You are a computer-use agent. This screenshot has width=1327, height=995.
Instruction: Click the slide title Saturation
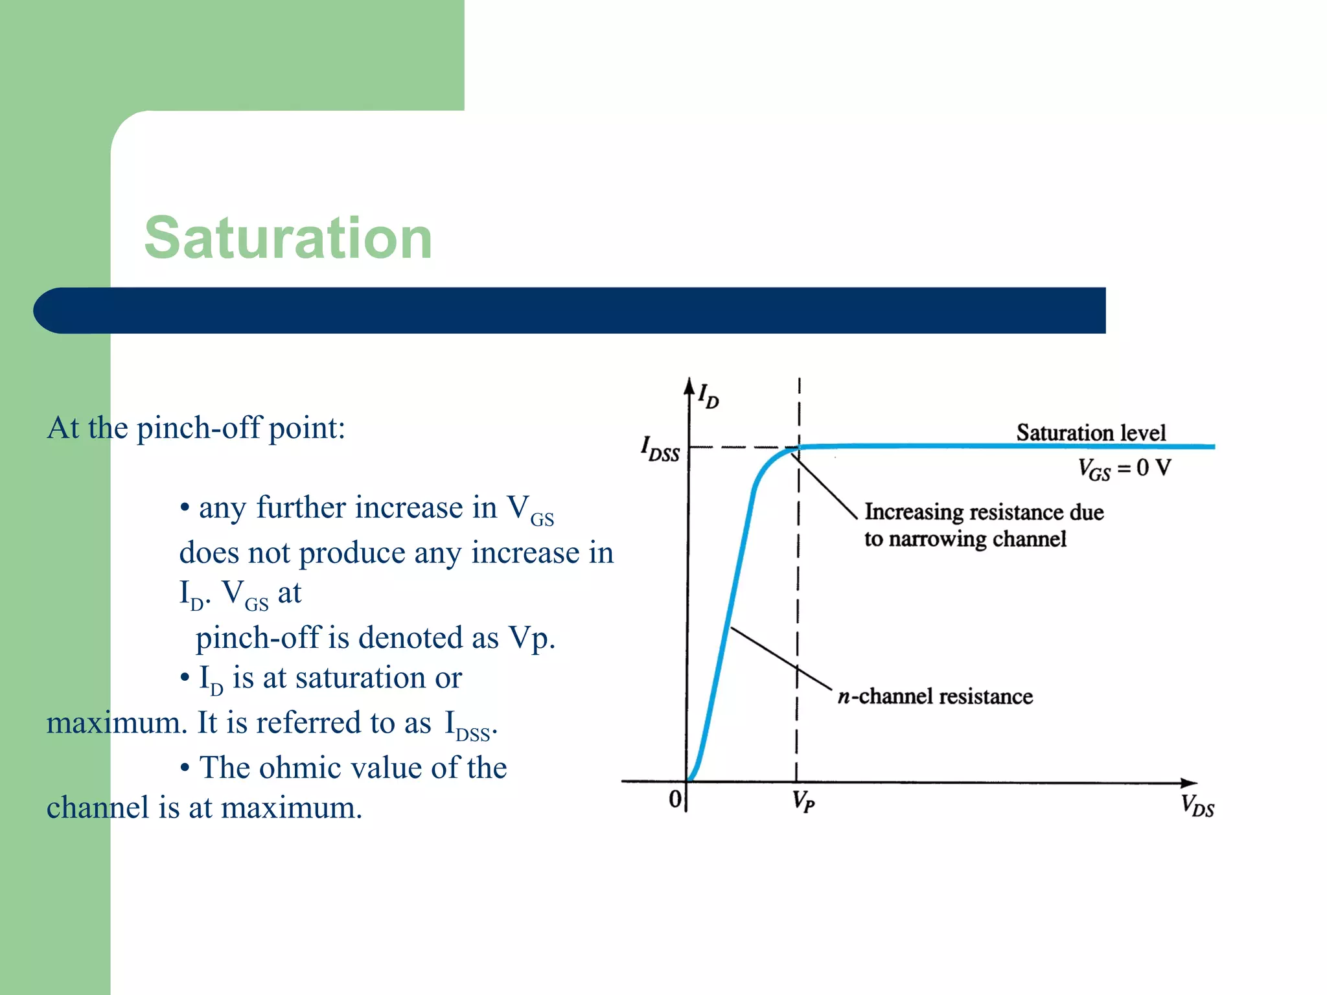288,238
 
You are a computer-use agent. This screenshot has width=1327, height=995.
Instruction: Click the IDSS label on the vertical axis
660,449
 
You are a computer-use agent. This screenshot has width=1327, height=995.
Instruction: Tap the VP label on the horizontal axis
803,802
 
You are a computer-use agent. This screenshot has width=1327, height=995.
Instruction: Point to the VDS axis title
1197,806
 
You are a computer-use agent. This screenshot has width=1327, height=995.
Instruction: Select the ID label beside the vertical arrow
708,395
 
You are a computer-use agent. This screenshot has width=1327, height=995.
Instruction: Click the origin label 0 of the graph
675,799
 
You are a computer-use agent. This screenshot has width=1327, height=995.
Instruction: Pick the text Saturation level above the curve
1090,432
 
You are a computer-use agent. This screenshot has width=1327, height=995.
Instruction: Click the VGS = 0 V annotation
1124,468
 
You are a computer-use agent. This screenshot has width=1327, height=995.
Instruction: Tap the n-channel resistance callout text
935,696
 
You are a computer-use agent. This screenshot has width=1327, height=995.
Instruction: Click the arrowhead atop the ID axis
689,386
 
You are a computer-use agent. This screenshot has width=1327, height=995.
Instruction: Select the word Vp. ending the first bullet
532,638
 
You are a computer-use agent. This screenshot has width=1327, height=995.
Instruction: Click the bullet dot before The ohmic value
185,769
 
